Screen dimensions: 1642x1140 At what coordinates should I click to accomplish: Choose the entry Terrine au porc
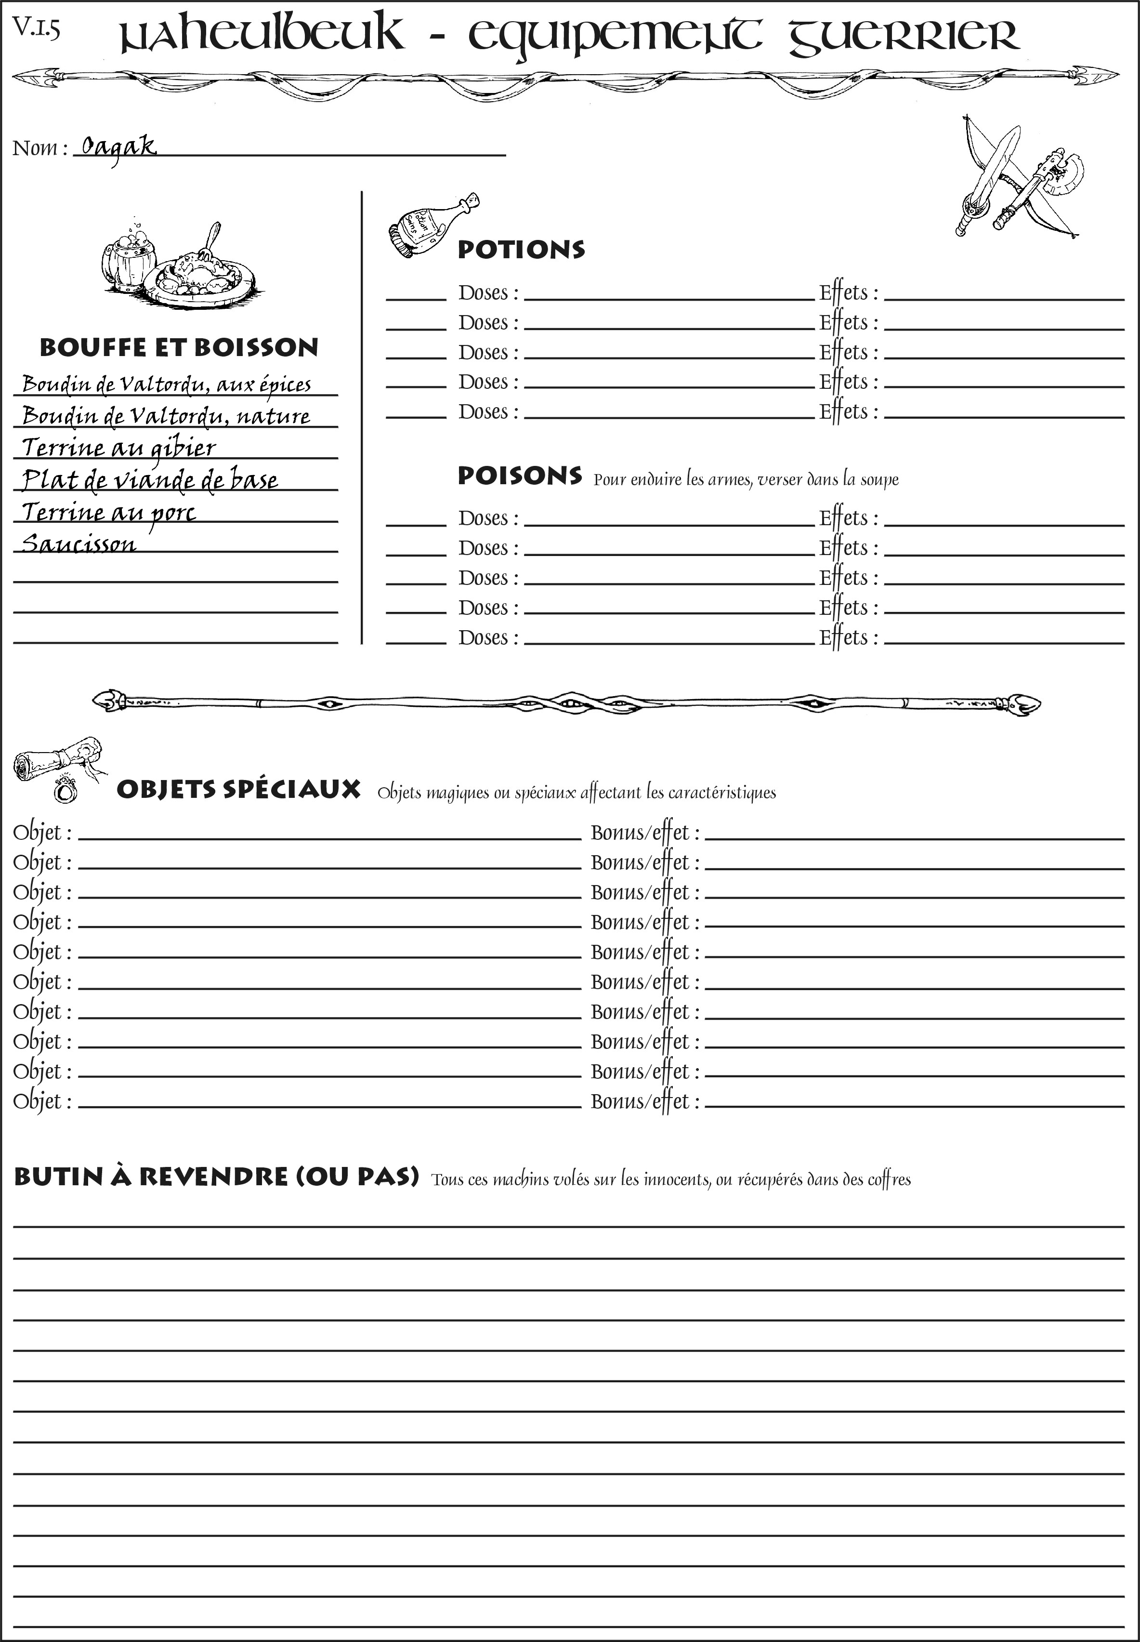[x=108, y=512]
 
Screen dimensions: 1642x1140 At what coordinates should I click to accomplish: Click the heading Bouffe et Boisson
[x=179, y=347]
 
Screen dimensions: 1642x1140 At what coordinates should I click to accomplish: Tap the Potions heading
[x=521, y=250]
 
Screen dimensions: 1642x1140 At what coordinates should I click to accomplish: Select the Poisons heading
[x=519, y=476]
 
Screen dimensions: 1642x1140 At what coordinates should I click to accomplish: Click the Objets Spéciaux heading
[x=238, y=790]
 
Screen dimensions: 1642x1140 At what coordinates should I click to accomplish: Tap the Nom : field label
[x=39, y=148]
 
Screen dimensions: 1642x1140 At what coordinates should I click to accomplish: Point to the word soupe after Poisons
[x=879, y=479]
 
